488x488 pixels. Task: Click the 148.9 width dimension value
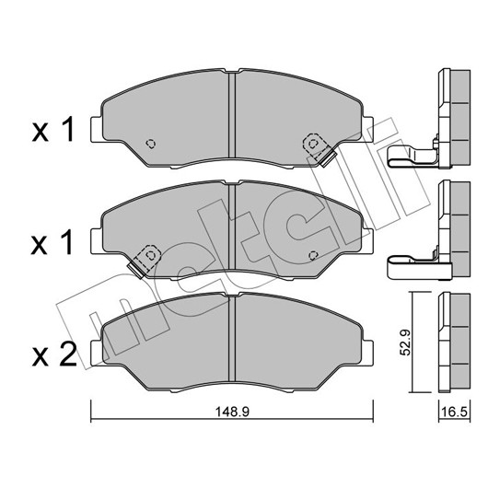(x=232, y=412)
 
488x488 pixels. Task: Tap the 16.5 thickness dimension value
(x=455, y=412)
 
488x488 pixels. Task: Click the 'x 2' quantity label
(x=54, y=354)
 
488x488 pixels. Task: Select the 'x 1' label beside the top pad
(x=52, y=130)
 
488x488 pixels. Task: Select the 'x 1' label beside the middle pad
(x=52, y=242)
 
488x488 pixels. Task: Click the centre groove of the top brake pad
(x=232, y=115)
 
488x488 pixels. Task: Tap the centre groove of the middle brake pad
(x=232, y=227)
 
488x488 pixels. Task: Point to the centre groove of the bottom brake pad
(x=232, y=339)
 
